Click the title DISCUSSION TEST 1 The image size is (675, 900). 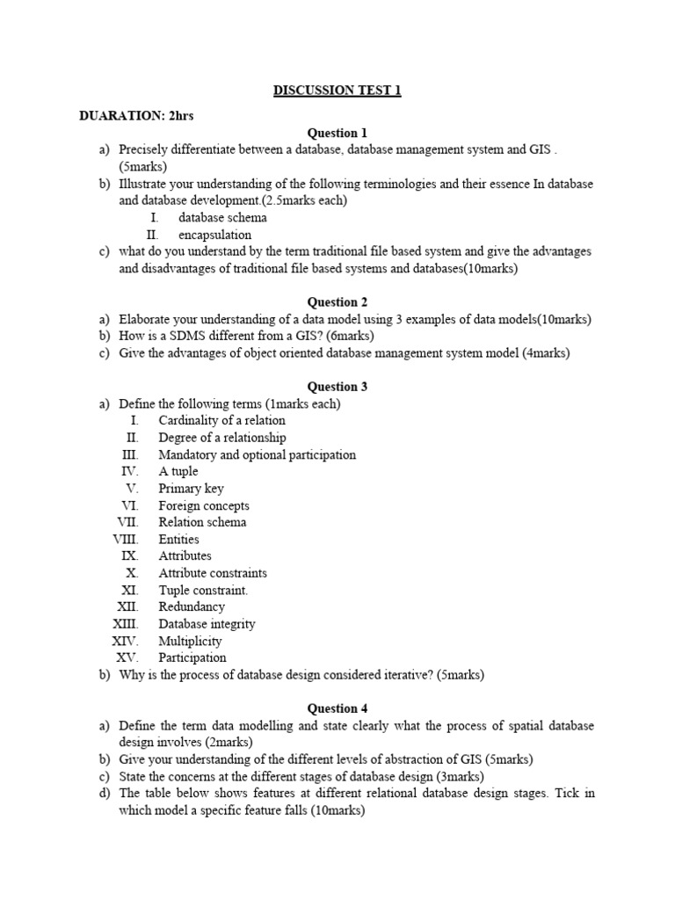337,91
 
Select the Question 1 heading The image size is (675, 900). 337,133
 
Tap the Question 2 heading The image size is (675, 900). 337,301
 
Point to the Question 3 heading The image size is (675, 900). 337,386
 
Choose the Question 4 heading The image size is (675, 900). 337,708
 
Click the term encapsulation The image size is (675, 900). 214,235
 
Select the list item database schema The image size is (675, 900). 222,217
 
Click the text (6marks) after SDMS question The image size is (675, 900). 352,336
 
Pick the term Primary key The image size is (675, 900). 191,488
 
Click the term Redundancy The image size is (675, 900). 192,606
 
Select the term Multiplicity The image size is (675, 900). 190,641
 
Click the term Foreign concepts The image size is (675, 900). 203,505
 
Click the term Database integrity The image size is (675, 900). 207,624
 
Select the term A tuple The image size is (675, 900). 178,471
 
